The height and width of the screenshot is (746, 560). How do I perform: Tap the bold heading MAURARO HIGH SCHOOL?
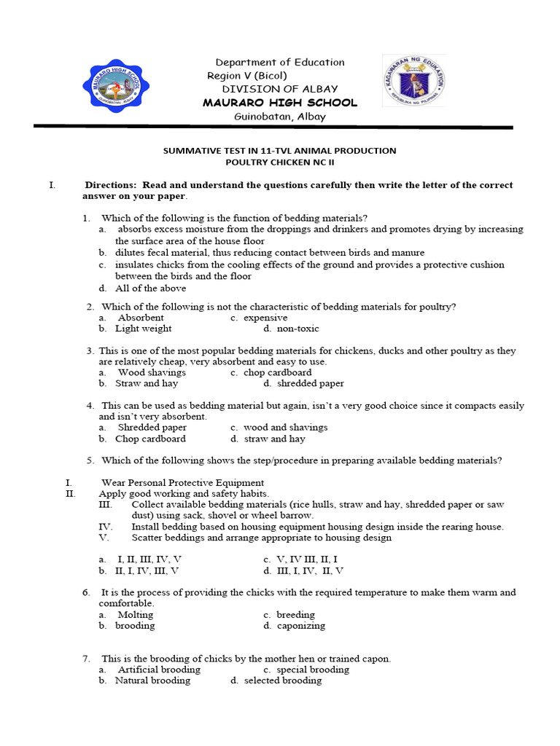point(280,103)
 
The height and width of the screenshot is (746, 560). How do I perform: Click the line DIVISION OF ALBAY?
point(280,89)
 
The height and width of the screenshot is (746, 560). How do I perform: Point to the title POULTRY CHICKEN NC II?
point(279,162)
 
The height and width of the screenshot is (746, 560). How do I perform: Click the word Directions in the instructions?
point(110,185)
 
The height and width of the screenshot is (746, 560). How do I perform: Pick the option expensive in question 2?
point(265,318)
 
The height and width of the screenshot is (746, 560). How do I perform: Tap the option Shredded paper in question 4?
point(152,428)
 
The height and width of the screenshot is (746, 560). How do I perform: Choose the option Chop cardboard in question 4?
point(150,439)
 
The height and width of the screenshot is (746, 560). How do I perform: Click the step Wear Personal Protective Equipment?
point(182,482)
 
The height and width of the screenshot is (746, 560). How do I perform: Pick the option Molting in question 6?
point(136,615)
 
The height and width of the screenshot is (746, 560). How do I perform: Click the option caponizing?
point(301,626)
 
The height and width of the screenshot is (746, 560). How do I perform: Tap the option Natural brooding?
point(152,680)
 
